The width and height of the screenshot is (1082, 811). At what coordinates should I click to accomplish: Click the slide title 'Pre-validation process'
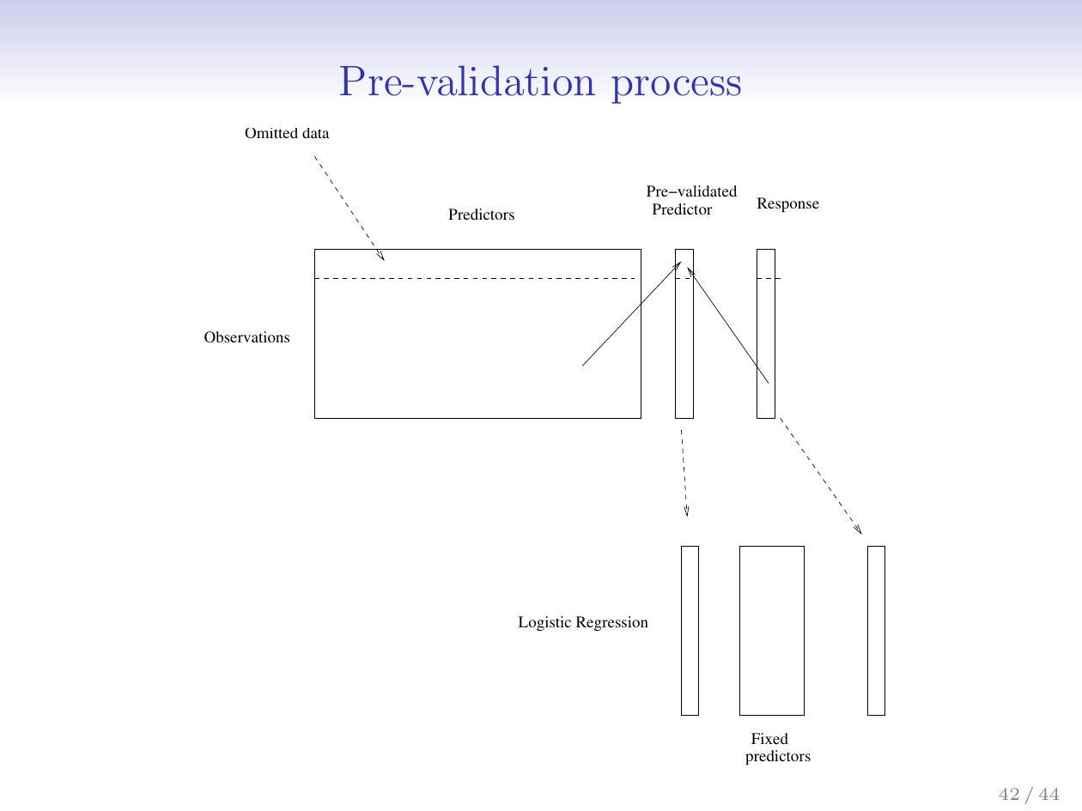539,83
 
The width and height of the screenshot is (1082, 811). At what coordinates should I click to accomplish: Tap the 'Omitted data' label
287,134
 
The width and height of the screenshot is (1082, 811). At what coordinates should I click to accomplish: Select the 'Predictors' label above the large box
481,215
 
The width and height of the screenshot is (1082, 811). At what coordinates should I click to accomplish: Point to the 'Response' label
787,204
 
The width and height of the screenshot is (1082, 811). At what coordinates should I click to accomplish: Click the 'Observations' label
246,338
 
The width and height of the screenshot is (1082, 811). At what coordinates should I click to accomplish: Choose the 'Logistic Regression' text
582,623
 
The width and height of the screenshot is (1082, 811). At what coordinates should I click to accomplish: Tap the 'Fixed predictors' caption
776,747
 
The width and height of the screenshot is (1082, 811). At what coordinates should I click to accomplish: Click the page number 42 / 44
1029,794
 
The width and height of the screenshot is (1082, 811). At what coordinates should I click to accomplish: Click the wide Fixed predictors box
771,630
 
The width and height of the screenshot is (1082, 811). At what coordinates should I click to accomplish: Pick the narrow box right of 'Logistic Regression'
690,630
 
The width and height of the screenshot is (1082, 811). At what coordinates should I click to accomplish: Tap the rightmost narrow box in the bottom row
876,630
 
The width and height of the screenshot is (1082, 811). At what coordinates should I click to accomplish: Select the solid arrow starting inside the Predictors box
631,314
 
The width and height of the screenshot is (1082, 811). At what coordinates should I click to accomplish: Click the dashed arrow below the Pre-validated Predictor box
684,472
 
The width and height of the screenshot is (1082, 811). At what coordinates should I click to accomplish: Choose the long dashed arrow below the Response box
820,476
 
